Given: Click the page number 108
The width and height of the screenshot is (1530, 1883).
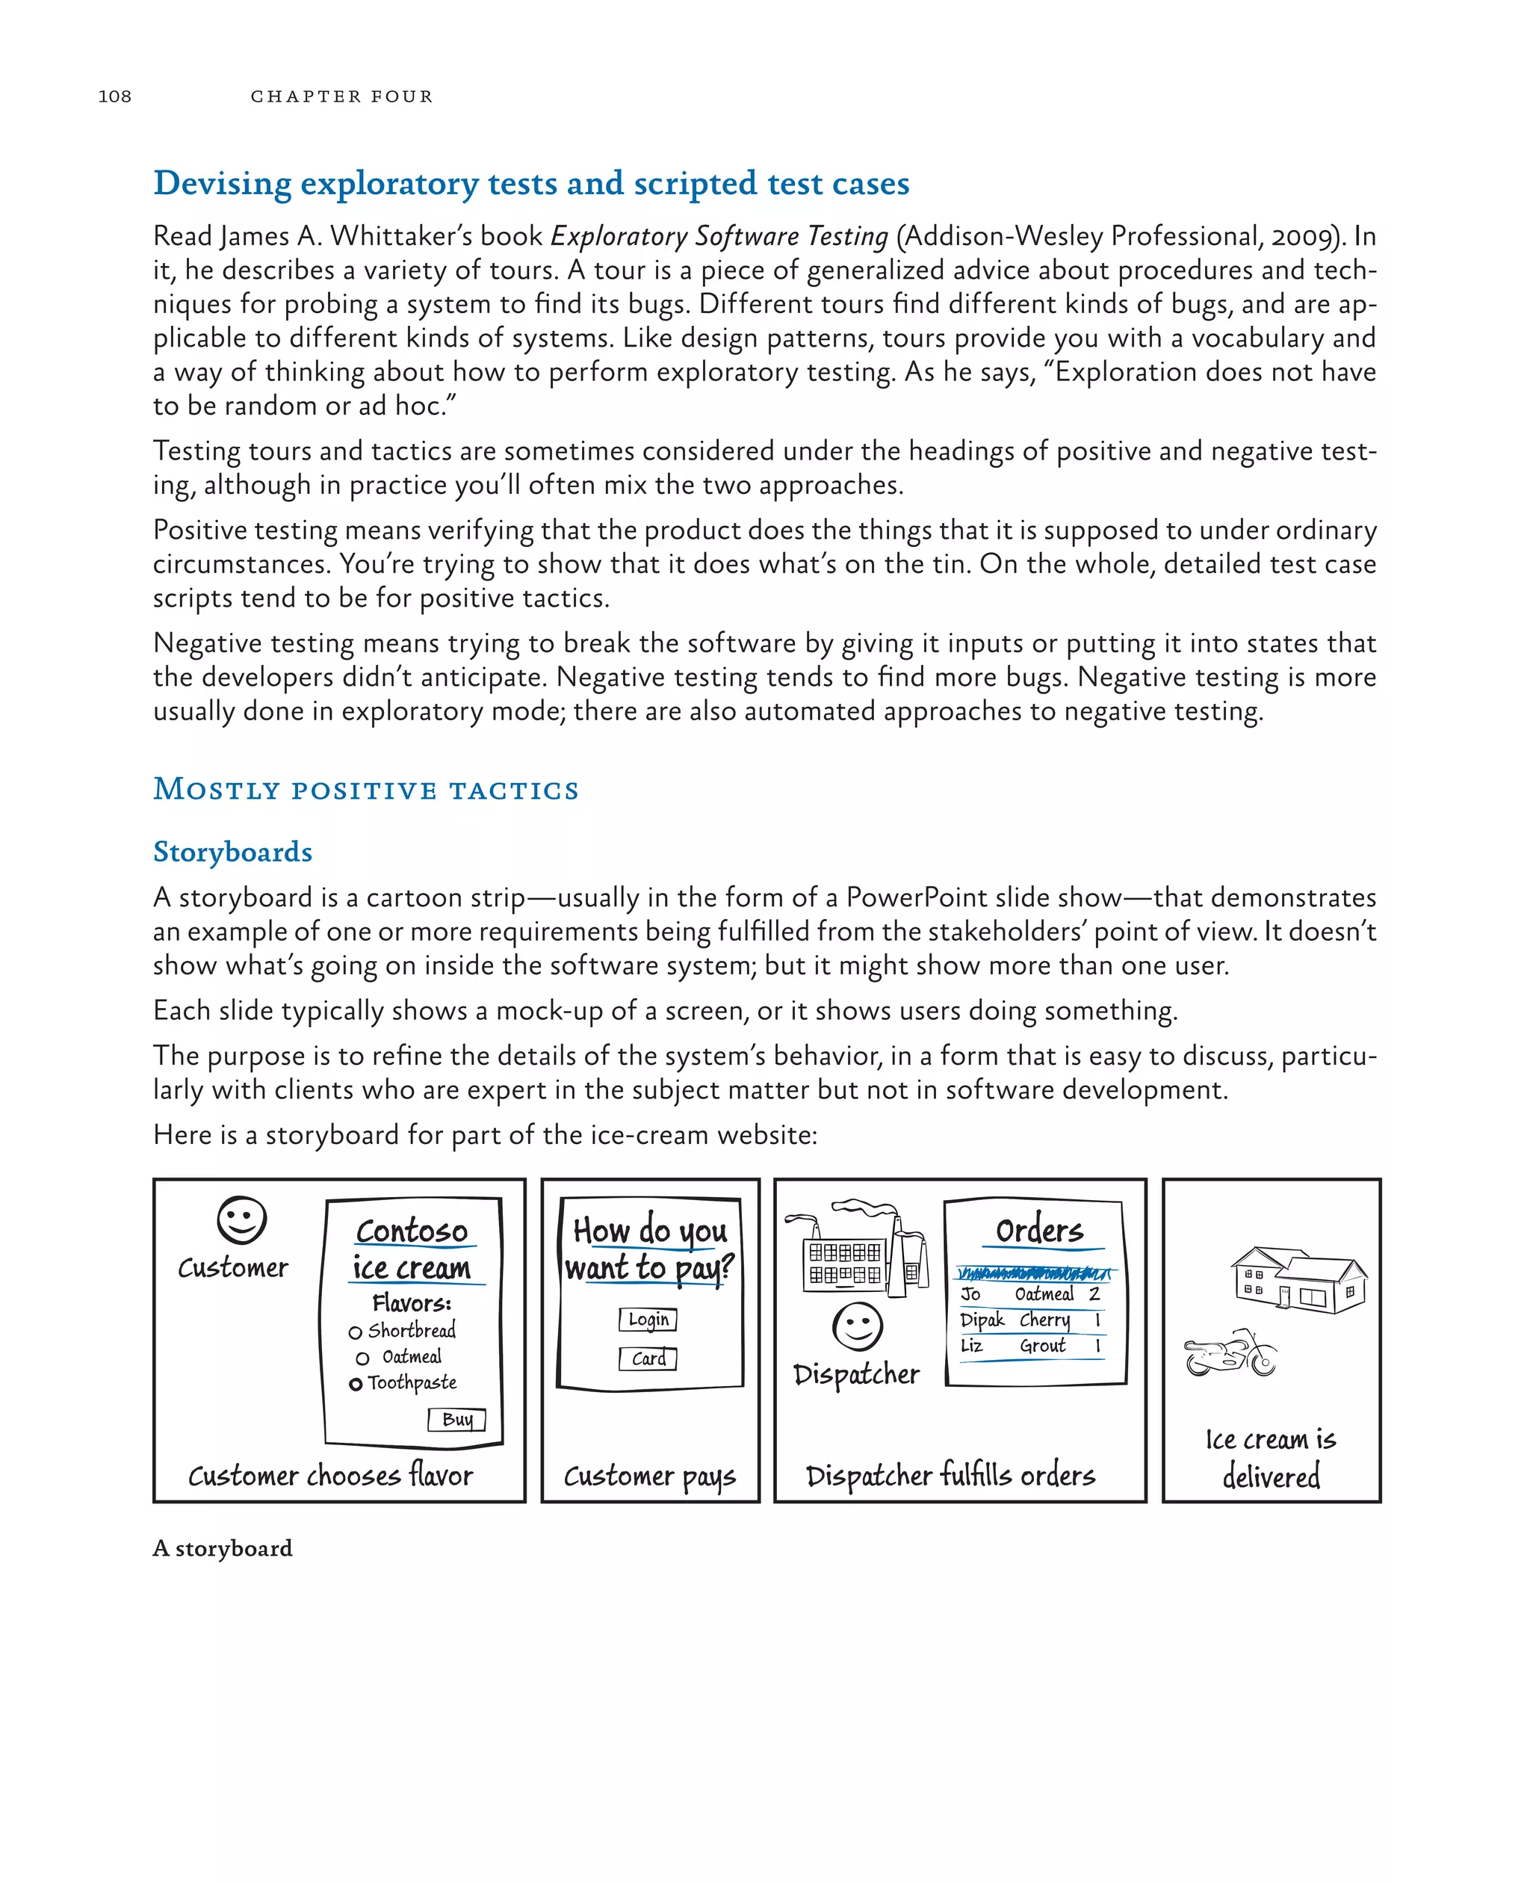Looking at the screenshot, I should pyautogui.click(x=114, y=96).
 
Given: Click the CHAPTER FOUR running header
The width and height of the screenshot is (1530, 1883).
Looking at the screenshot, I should pyautogui.click(x=341, y=96).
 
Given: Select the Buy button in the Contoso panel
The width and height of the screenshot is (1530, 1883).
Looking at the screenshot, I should pyautogui.click(x=456, y=1419).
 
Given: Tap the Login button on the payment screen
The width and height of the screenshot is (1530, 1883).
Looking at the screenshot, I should pyautogui.click(x=648, y=1320).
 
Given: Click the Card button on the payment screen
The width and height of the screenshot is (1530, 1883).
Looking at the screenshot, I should pyautogui.click(x=648, y=1358).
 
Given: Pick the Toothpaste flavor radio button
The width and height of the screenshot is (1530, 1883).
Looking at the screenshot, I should pyautogui.click(x=355, y=1384).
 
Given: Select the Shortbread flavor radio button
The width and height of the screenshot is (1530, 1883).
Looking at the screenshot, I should pyautogui.click(x=355, y=1332).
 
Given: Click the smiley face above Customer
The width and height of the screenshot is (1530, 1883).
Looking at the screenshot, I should pyautogui.click(x=241, y=1221).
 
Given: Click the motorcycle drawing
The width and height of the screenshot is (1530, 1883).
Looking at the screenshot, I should pyautogui.click(x=1230, y=1354).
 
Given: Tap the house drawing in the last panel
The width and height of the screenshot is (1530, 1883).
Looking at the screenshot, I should pyautogui.click(x=1298, y=1281).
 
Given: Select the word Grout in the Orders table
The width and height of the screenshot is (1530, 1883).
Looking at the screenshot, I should pyautogui.click(x=1043, y=1346).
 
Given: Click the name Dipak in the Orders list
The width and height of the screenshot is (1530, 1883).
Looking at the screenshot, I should pyautogui.click(x=982, y=1320).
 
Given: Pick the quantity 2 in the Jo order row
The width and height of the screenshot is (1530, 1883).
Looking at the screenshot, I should pyautogui.click(x=1094, y=1294).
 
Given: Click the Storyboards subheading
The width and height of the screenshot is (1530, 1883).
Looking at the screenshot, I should pyautogui.click(x=232, y=852).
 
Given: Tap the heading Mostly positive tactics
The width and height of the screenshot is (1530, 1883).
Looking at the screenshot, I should pyautogui.click(x=366, y=789).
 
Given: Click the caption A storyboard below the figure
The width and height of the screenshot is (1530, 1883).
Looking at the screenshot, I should pyautogui.click(x=222, y=1549).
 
